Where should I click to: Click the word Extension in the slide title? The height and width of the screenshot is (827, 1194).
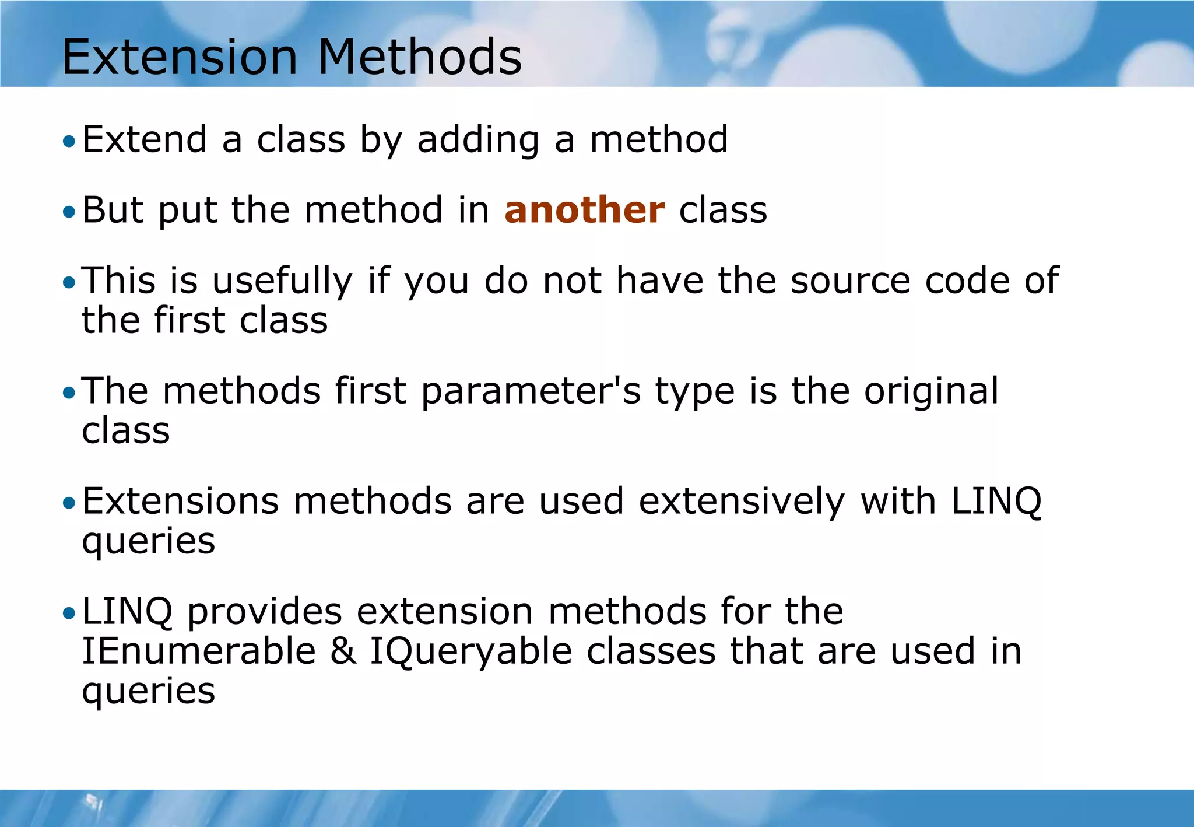pyautogui.click(x=180, y=57)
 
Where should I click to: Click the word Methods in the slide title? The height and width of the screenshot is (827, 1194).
pyautogui.click(x=420, y=57)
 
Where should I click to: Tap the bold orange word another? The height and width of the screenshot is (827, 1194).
pyautogui.click(x=584, y=210)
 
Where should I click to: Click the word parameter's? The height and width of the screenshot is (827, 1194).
pyautogui.click(x=531, y=391)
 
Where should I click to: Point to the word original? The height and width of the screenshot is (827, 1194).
pyautogui.click(x=931, y=391)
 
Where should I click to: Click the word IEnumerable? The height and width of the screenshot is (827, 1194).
pyautogui.click(x=198, y=651)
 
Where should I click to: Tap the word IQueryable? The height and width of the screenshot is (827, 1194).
pyautogui.click(x=471, y=652)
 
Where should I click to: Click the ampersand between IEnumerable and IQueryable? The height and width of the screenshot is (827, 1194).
pyautogui.click(x=343, y=651)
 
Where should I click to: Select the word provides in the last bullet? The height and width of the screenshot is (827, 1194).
pyautogui.click(x=264, y=612)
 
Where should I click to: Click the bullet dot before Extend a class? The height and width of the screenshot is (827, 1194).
pyautogui.click(x=69, y=141)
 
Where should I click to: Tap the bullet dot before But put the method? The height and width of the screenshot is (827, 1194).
pyautogui.click(x=69, y=212)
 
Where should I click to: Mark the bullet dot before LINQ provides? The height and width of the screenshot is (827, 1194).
pyautogui.click(x=69, y=614)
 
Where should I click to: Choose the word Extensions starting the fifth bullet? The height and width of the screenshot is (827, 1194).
pyautogui.click(x=180, y=502)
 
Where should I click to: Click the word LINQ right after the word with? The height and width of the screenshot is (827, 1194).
pyautogui.click(x=996, y=502)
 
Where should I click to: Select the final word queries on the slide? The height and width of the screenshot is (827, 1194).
pyautogui.click(x=148, y=692)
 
